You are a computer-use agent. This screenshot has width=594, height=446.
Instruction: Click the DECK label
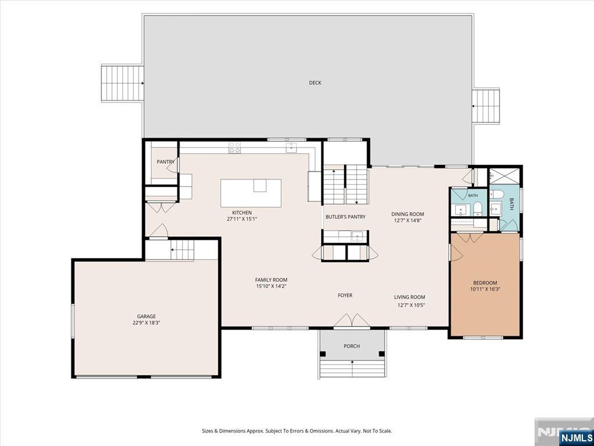315,82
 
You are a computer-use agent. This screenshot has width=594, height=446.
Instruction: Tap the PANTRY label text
165,162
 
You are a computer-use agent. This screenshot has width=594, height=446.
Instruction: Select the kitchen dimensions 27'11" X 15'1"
242,219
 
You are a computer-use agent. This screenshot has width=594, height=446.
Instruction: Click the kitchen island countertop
251,193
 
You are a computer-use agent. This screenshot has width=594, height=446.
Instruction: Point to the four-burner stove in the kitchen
234,147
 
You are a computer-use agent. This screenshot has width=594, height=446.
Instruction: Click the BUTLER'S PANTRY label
346,217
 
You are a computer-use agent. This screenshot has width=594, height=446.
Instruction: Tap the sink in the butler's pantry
357,237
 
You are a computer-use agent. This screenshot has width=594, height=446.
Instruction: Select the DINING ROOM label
408,214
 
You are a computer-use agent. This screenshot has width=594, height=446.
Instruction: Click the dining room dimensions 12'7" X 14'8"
408,220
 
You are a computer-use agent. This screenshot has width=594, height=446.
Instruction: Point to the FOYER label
345,296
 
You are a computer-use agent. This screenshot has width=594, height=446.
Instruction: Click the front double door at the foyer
352,320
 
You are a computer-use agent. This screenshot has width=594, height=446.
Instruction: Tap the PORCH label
352,346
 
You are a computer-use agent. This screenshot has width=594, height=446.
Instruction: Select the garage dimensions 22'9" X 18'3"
146,323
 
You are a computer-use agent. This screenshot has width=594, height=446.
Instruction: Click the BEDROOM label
485,283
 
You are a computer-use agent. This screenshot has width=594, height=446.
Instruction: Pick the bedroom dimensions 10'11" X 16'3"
485,289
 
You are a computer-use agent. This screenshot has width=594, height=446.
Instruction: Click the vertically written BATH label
511,204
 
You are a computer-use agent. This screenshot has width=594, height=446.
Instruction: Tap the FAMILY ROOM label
271,280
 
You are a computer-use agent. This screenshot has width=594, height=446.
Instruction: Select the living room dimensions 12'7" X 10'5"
411,305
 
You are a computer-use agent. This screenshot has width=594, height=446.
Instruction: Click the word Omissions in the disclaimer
323,431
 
